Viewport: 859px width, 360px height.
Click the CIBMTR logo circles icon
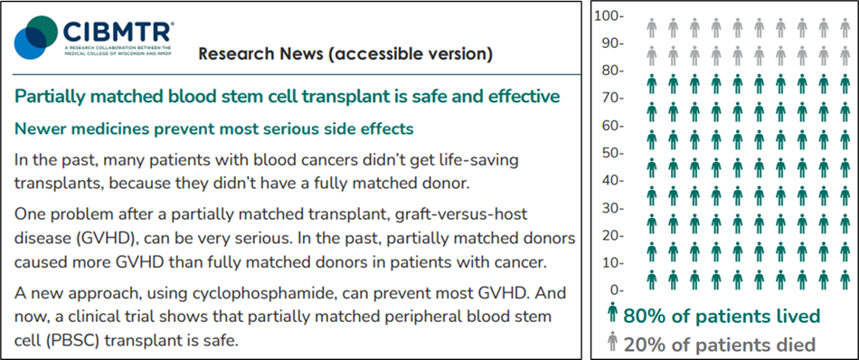click(x=35, y=36)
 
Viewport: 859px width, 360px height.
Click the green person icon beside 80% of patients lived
click(x=612, y=316)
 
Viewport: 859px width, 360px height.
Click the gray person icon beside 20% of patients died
click(x=612, y=344)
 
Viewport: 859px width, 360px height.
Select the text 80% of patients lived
click(x=721, y=317)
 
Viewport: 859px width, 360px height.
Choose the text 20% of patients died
click(x=719, y=345)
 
